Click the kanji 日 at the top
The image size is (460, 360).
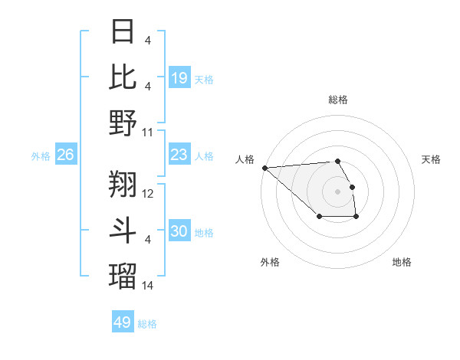click(123, 32)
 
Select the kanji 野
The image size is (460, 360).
click(123, 123)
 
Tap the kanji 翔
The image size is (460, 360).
click(123, 184)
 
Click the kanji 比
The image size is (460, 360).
click(123, 77)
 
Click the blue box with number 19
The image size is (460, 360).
click(179, 77)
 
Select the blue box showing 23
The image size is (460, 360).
click(179, 155)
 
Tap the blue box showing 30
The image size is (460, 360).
click(179, 231)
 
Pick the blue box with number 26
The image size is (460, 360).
click(66, 155)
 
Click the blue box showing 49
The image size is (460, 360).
click(123, 322)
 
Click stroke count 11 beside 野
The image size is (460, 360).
click(149, 133)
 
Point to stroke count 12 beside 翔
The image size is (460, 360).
click(149, 194)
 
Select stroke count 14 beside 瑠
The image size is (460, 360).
click(149, 285)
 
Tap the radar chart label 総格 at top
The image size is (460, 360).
click(338, 100)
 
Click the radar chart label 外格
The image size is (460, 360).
click(270, 262)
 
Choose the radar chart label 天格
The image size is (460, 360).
click(432, 159)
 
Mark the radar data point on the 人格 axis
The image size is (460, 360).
click(264, 168)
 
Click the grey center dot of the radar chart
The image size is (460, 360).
click(338, 191)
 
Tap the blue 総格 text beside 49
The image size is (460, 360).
click(148, 324)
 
